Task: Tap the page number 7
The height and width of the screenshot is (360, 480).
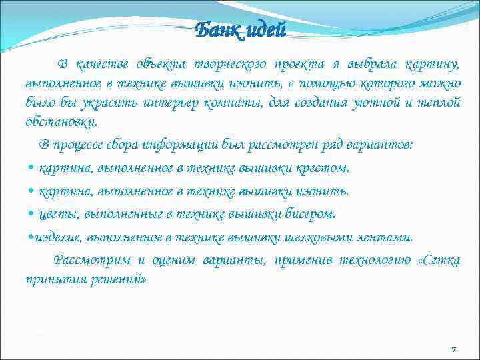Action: pyautogui.click(x=453, y=349)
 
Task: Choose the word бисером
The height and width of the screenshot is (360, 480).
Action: pyautogui.click(x=312, y=214)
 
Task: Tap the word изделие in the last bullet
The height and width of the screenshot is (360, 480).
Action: pyautogui.click(x=55, y=237)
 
